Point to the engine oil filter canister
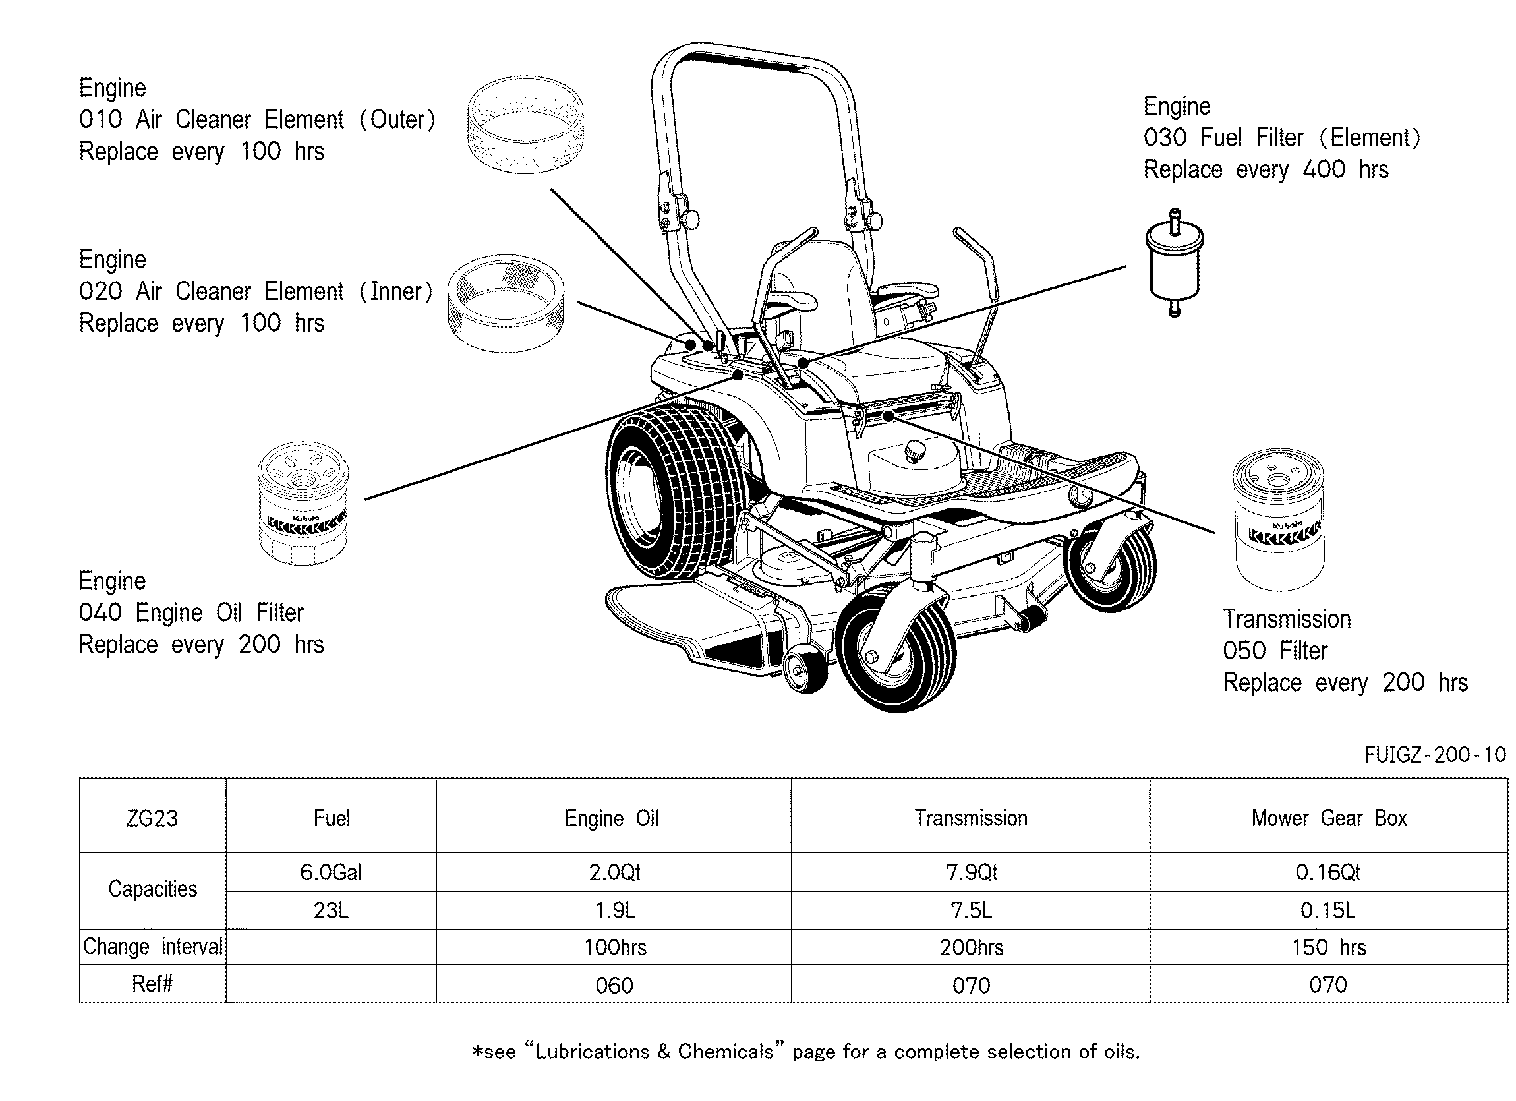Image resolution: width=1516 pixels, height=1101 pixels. pos(303,504)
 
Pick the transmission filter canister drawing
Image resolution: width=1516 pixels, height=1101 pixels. pos(1278,520)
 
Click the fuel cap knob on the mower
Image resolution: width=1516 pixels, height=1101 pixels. pos(914,450)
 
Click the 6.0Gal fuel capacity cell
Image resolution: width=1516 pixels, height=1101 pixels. pos(331,872)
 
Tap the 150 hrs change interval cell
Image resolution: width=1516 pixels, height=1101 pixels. pos(1329,947)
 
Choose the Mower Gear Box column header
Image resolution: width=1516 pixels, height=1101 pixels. pos(1329,818)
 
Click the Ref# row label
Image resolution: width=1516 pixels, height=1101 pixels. pos(152,984)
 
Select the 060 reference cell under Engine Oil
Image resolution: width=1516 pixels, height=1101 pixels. pos(614,984)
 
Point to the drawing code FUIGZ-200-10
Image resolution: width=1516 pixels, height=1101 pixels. pos(1435,755)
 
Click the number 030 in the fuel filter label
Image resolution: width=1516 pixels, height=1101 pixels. pos(1165,138)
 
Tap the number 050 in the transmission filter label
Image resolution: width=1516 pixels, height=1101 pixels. pos(1244,651)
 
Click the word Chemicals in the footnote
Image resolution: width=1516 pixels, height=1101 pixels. pos(726,1052)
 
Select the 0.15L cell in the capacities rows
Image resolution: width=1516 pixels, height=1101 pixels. pos(1329,910)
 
